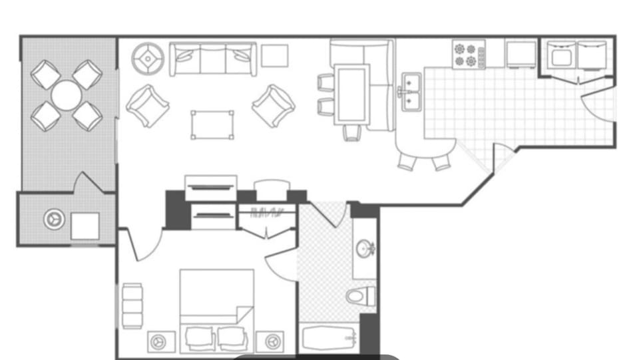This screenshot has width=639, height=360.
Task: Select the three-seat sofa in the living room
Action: pos(213,60)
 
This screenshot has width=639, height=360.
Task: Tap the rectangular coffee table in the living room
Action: pos(213,124)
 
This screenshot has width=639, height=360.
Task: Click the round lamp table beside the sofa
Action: pos(148,59)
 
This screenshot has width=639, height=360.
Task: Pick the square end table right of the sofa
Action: pos(274,56)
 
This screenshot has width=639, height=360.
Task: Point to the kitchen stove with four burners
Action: pos(469,55)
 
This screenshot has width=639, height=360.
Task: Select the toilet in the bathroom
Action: pos(361,296)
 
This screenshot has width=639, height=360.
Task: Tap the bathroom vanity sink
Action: pos(365,250)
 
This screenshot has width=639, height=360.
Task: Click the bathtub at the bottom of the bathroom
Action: pos(329,339)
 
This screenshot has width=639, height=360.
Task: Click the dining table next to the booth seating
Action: pos(351,92)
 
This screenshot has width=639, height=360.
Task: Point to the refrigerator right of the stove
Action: pos(521,54)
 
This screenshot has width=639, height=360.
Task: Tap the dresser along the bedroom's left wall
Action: pos(132,305)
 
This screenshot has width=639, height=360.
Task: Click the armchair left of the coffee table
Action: pos(148,105)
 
